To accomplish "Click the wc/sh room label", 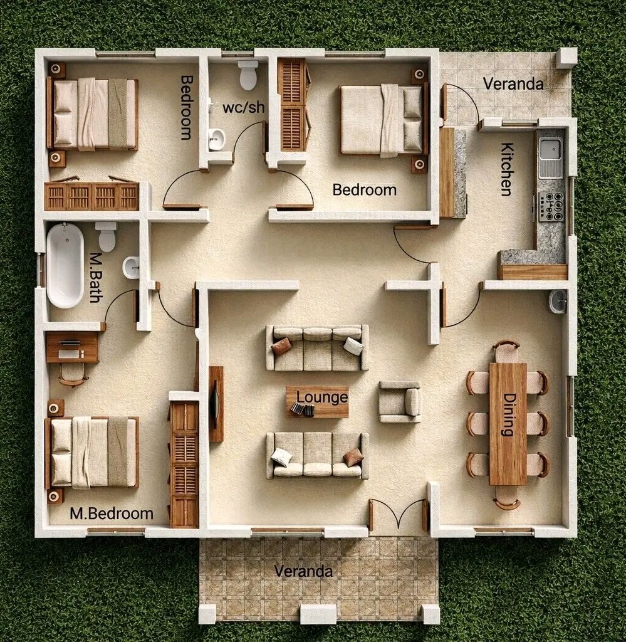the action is pyautogui.click(x=243, y=107).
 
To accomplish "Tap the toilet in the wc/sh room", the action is pyautogui.click(x=248, y=75).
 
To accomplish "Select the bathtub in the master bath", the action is pyautogui.click(x=65, y=265).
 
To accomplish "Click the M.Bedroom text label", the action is pyautogui.click(x=112, y=513).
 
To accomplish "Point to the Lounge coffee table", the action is pyautogui.click(x=318, y=402).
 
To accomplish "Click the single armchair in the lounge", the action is pyautogui.click(x=399, y=402).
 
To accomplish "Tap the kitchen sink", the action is pyautogui.click(x=551, y=158).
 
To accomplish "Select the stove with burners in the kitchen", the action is pyautogui.click(x=551, y=206).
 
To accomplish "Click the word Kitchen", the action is pyautogui.click(x=507, y=169).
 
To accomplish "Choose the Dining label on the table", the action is pyautogui.click(x=508, y=414).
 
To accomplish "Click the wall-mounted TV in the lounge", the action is pyautogui.click(x=215, y=404).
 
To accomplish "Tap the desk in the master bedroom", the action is pyautogui.click(x=72, y=347).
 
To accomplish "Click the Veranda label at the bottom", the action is pyautogui.click(x=303, y=571).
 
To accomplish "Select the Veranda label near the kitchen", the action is pyautogui.click(x=513, y=83).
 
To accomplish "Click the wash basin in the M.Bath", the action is pyautogui.click(x=132, y=268).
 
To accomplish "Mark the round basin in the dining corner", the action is pyautogui.click(x=558, y=302).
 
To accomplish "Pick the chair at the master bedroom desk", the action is pyautogui.click(x=73, y=375).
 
